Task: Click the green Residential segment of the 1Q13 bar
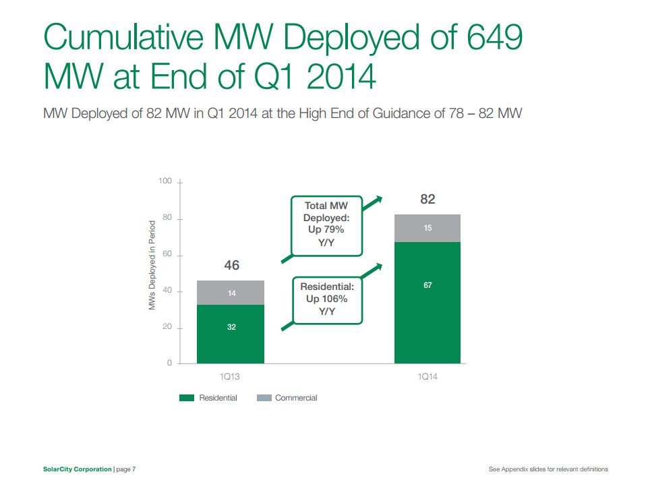pos(231,334)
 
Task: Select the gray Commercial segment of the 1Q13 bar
pos(231,293)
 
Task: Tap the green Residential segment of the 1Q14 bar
pos(428,303)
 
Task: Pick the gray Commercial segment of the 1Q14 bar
pos(428,228)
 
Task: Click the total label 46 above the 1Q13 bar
pos(231,266)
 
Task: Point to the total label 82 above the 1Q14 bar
pos(428,199)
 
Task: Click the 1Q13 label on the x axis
pos(230,377)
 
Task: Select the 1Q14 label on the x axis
pos(428,377)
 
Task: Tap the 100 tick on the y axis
pos(165,182)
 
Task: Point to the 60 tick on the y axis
pos(167,256)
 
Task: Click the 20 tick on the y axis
pos(167,328)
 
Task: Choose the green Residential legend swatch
pos(187,398)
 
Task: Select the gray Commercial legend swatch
pos(264,398)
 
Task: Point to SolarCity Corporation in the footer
pos(73,469)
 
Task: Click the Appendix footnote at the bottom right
pos(548,469)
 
